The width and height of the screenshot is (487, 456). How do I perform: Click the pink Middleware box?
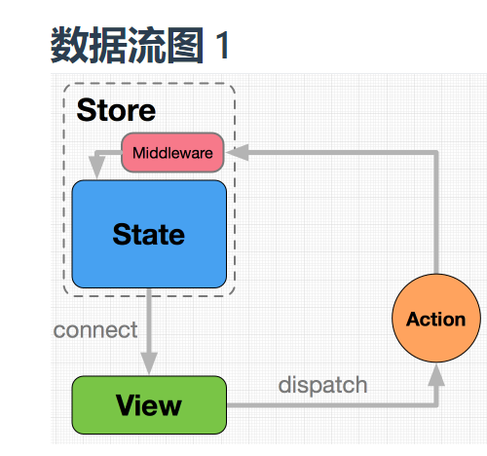(x=172, y=153)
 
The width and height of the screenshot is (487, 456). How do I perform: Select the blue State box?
(x=149, y=234)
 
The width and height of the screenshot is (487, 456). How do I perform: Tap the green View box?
(x=149, y=404)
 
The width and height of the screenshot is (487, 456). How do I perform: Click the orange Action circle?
(x=435, y=320)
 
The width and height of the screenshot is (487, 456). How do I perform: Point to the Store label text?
(x=116, y=110)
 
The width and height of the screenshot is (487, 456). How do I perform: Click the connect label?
(x=95, y=330)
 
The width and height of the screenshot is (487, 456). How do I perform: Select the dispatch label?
(x=322, y=385)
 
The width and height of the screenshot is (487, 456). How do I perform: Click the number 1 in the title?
(x=222, y=47)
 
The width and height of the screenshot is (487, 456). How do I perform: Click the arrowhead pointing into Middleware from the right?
(x=237, y=153)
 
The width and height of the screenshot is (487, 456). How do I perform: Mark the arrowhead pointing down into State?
(x=95, y=170)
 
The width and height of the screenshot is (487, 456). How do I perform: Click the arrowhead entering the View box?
(x=149, y=364)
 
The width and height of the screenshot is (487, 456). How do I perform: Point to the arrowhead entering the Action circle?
(x=435, y=371)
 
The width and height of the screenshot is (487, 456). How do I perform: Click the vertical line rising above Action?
(x=435, y=214)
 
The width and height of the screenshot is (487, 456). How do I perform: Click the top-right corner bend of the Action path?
(x=435, y=153)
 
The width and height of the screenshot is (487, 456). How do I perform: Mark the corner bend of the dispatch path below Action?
(x=435, y=404)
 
